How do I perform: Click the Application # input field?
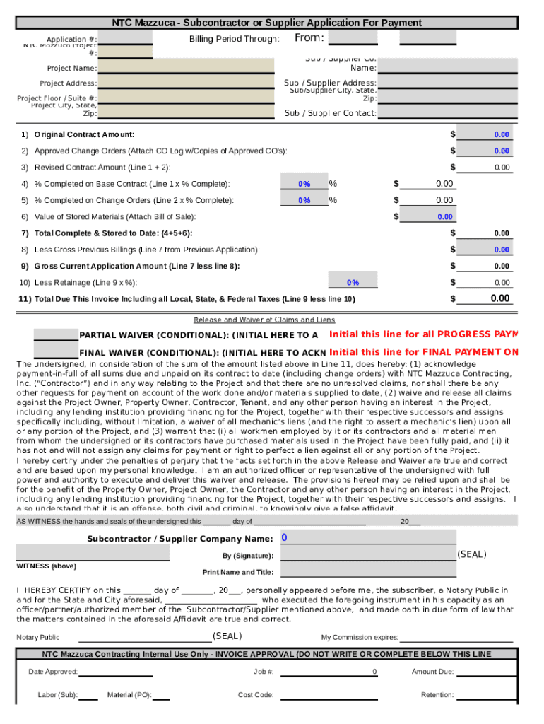point(125,38)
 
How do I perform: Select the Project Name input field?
point(186,68)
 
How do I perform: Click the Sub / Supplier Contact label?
point(330,113)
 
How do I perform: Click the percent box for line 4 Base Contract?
point(304,184)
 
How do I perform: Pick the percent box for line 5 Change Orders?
point(304,200)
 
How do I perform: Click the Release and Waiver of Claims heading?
point(264,320)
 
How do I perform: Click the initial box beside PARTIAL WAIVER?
point(56,334)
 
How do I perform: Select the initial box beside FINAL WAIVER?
point(56,351)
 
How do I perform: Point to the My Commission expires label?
point(360,637)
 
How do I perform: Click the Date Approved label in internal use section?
point(53,672)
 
